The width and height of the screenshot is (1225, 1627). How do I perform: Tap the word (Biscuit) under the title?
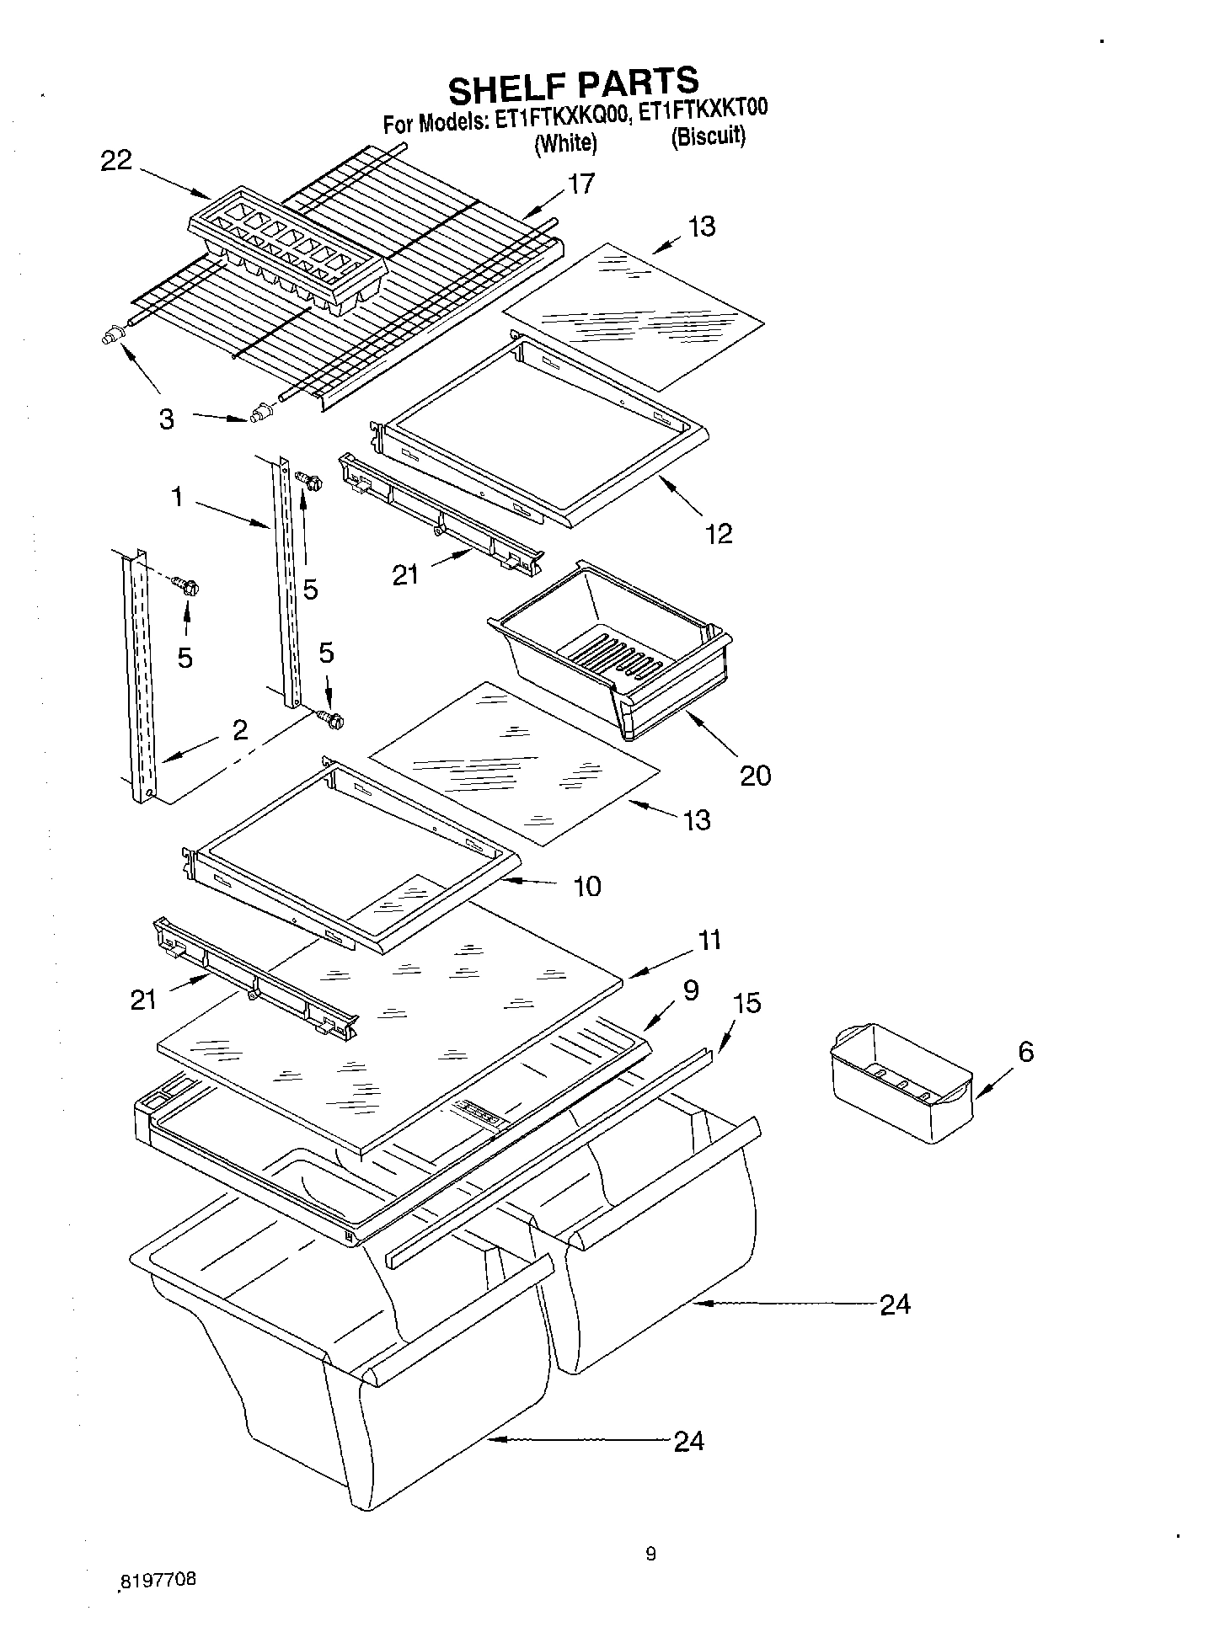pos(708,136)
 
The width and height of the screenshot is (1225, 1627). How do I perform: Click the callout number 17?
pos(580,183)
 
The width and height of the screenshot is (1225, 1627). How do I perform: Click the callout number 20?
pos(755,775)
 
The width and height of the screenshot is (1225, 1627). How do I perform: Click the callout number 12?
pos(719,533)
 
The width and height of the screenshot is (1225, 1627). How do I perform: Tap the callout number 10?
pos(587,885)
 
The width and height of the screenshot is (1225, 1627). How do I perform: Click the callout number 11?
pos(710,939)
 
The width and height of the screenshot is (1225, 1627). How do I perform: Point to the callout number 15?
pos(746,1002)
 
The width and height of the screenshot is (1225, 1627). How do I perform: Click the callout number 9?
pos(691,990)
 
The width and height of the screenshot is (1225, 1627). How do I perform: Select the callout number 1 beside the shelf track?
pos(177,498)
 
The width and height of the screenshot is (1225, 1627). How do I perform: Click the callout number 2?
pos(240,729)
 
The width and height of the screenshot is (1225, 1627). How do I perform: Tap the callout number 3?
pos(167,419)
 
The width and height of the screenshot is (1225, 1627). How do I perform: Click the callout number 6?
pos(1025,1051)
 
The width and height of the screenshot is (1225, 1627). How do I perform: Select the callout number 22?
pos(116,160)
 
